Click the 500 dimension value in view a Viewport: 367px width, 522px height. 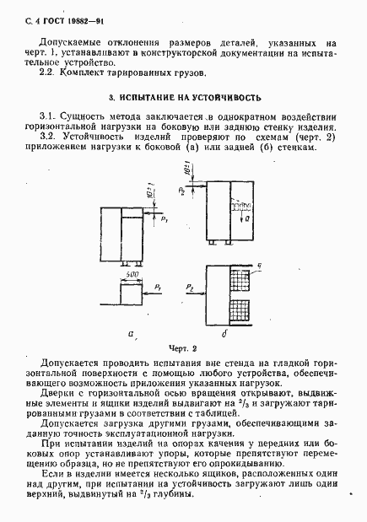132,275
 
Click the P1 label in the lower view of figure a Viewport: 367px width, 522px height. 158,288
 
